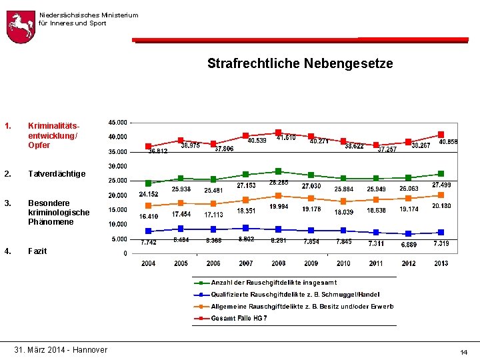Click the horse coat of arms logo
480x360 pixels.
20,27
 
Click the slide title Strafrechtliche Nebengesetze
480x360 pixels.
300,64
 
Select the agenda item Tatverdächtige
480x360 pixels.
57,174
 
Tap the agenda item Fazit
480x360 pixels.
37,251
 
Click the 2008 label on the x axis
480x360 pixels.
279,263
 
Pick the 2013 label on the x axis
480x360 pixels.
441,263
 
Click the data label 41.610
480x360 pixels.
287,137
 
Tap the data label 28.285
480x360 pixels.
279,182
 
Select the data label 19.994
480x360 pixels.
279,207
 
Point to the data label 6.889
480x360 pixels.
409,245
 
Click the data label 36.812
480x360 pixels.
157,151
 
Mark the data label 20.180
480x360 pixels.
441,206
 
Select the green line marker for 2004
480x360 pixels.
148,183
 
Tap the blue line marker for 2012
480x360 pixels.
409,234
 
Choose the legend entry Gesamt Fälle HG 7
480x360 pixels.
239,319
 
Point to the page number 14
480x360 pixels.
464,351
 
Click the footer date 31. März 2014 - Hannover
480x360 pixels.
61,350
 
